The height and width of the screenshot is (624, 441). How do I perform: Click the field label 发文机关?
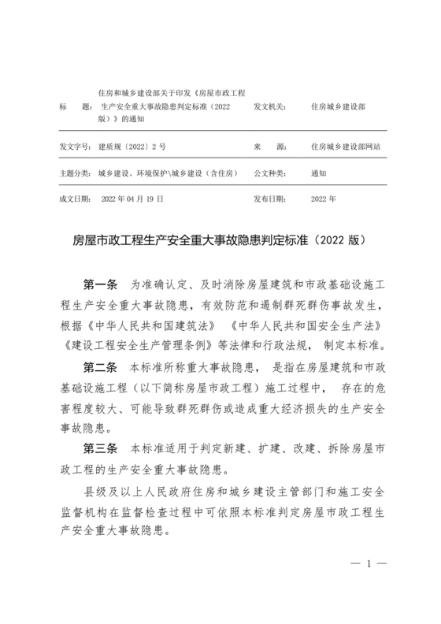coord(269,105)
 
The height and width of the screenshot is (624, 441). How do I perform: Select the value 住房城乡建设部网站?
coord(345,147)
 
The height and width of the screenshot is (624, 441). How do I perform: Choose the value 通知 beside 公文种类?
coord(319,173)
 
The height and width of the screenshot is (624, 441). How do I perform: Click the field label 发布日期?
coord(269,199)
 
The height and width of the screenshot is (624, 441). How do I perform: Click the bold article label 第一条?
coord(100,283)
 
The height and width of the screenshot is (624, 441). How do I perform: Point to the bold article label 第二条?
coord(100,366)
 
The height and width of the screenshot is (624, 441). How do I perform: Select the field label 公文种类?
coord(269,173)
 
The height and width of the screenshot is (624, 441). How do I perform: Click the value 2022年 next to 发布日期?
coord(323,199)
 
